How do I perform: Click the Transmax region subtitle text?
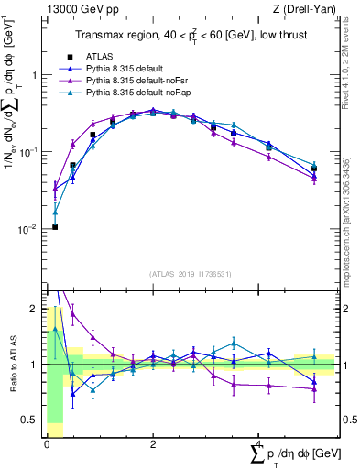tap(190, 36)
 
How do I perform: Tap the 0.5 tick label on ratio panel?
tap(34, 420)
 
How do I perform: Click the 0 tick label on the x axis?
tap(47, 443)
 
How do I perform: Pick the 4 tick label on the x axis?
tap(259, 443)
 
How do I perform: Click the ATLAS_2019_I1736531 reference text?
tap(190, 274)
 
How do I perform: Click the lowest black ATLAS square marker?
tap(55, 227)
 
